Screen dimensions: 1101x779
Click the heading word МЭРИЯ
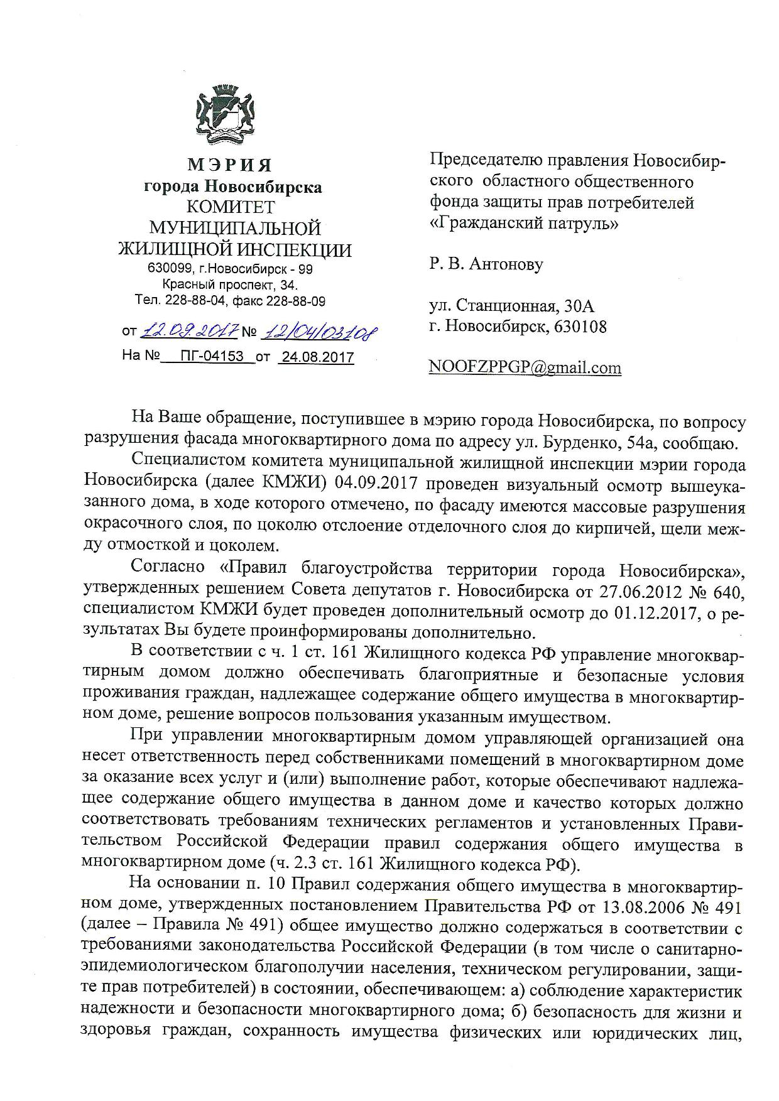click(230, 165)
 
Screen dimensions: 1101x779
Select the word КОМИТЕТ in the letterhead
click(232, 207)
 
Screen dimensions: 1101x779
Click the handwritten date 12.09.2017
click(189, 329)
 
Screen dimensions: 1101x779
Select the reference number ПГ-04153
click(211, 357)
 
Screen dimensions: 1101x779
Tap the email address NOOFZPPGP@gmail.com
click(525, 367)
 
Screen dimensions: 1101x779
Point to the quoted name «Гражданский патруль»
click(523, 223)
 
